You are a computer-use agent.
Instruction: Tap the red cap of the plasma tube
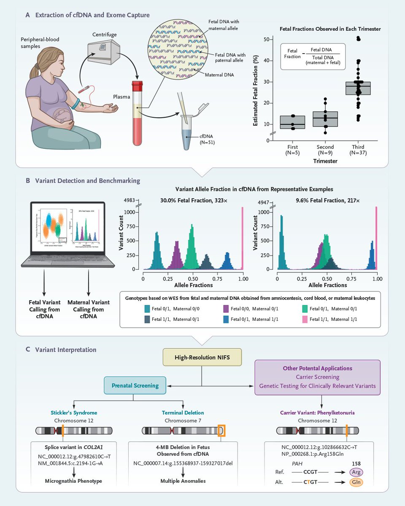pyautogui.click(x=138, y=86)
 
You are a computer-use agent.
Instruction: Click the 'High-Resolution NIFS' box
pyautogui.click(x=202, y=357)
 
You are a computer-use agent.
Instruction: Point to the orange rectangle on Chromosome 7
pyautogui.click(x=221, y=431)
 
